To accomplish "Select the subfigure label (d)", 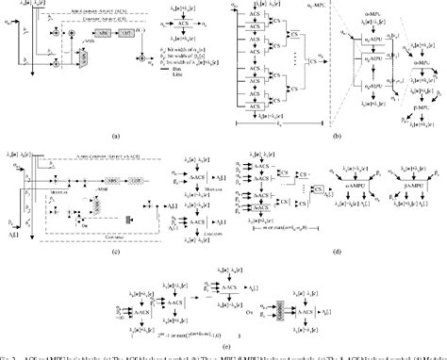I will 337,255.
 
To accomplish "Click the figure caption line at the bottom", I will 223,356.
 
